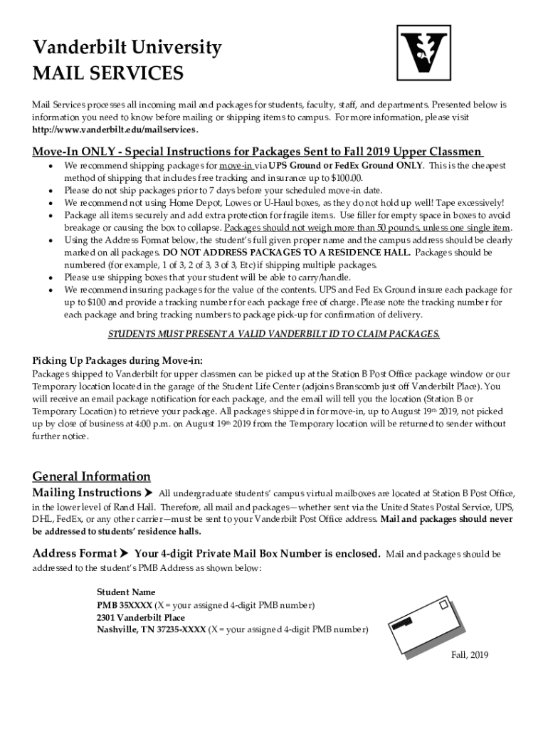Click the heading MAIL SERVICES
[x=107, y=73]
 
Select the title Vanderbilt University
[x=127, y=48]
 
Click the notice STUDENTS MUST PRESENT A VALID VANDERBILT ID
[x=273, y=334]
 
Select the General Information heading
[x=91, y=476]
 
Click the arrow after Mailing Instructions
[x=149, y=493]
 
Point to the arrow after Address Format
[x=125, y=554]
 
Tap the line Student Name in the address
[x=125, y=592]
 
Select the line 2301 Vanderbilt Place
[x=140, y=617]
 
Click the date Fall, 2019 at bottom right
[x=470, y=656]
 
